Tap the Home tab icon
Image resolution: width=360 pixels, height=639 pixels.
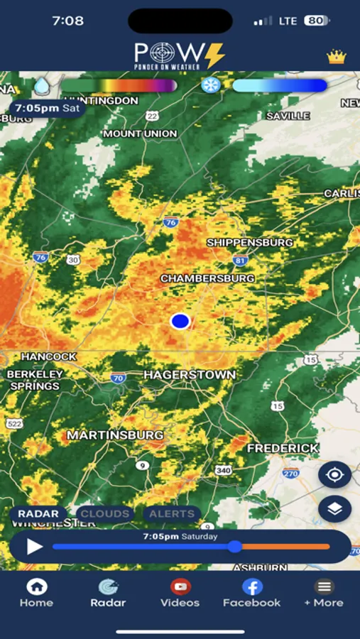coord(36,587)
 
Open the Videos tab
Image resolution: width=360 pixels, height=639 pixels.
coord(180,587)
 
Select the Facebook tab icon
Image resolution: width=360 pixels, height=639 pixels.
coord(252,587)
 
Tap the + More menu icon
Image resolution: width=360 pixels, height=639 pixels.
coord(324,587)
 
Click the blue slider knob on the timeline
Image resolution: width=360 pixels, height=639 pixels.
coord(235,547)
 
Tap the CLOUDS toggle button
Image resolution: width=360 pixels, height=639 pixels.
coord(105,513)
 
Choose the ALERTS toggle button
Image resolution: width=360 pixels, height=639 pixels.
coord(172,513)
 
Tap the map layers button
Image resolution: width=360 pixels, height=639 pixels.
coord(334,508)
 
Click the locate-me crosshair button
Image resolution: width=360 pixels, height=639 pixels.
coord(334,474)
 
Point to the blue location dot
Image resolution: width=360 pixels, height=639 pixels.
coord(180,322)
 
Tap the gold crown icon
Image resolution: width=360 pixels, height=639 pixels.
coord(336,57)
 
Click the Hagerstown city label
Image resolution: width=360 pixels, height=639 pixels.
coord(190,374)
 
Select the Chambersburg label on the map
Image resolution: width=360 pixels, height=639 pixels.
coord(207,278)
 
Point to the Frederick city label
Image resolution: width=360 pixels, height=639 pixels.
coord(283,449)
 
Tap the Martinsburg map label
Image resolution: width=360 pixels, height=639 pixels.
coord(115,435)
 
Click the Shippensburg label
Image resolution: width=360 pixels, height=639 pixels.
coord(249,243)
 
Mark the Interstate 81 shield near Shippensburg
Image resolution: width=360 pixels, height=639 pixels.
coord(241,261)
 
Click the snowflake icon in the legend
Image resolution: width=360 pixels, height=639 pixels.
coord(210,85)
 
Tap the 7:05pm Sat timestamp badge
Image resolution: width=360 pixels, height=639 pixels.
coord(47,109)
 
